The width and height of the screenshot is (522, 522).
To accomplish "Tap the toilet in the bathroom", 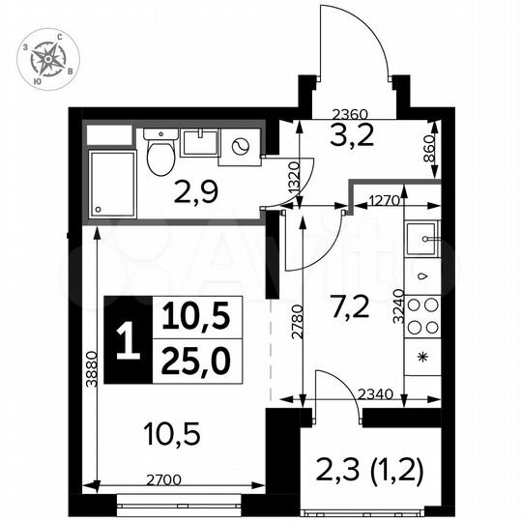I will click(x=160, y=154).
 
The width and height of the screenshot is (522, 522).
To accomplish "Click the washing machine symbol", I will click(x=241, y=148).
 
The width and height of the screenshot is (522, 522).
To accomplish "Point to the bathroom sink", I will click(x=199, y=145).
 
